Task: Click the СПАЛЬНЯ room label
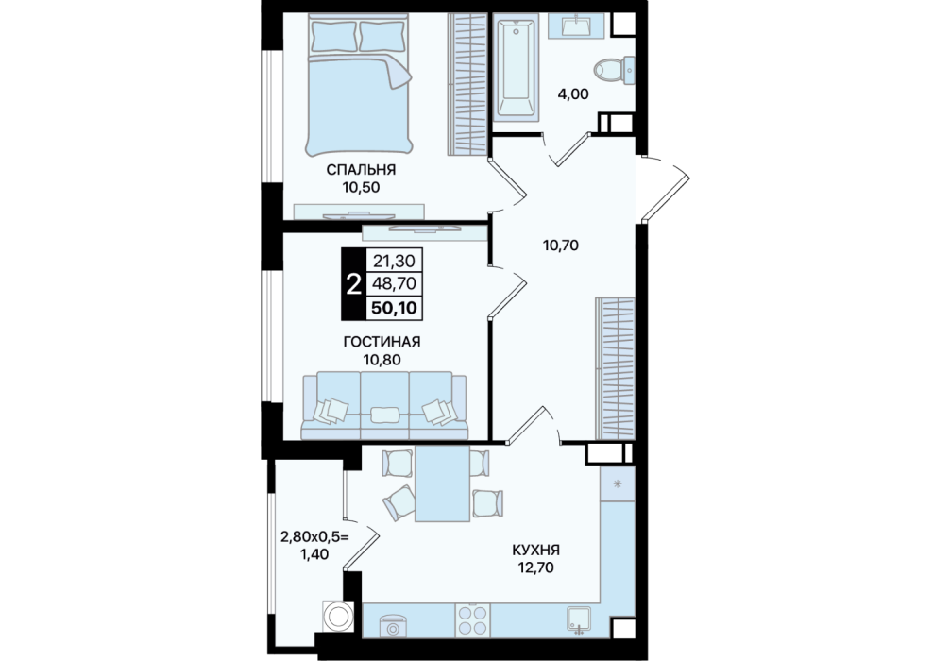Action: tap(361, 170)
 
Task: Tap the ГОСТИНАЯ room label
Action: tap(382, 343)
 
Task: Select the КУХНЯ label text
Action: tap(535, 551)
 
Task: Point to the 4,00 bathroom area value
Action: tap(572, 93)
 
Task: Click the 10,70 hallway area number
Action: tap(561, 246)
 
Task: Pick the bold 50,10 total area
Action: tap(394, 308)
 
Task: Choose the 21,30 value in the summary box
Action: tap(395, 262)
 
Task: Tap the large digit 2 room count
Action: tap(352, 283)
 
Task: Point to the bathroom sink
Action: tap(576, 26)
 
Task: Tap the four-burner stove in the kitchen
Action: tap(472, 619)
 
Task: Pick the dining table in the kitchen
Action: tap(442, 483)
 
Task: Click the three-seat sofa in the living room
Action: tap(385, 405)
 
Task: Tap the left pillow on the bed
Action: tap(334, 37)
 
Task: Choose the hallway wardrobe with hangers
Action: tap(616, 368)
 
